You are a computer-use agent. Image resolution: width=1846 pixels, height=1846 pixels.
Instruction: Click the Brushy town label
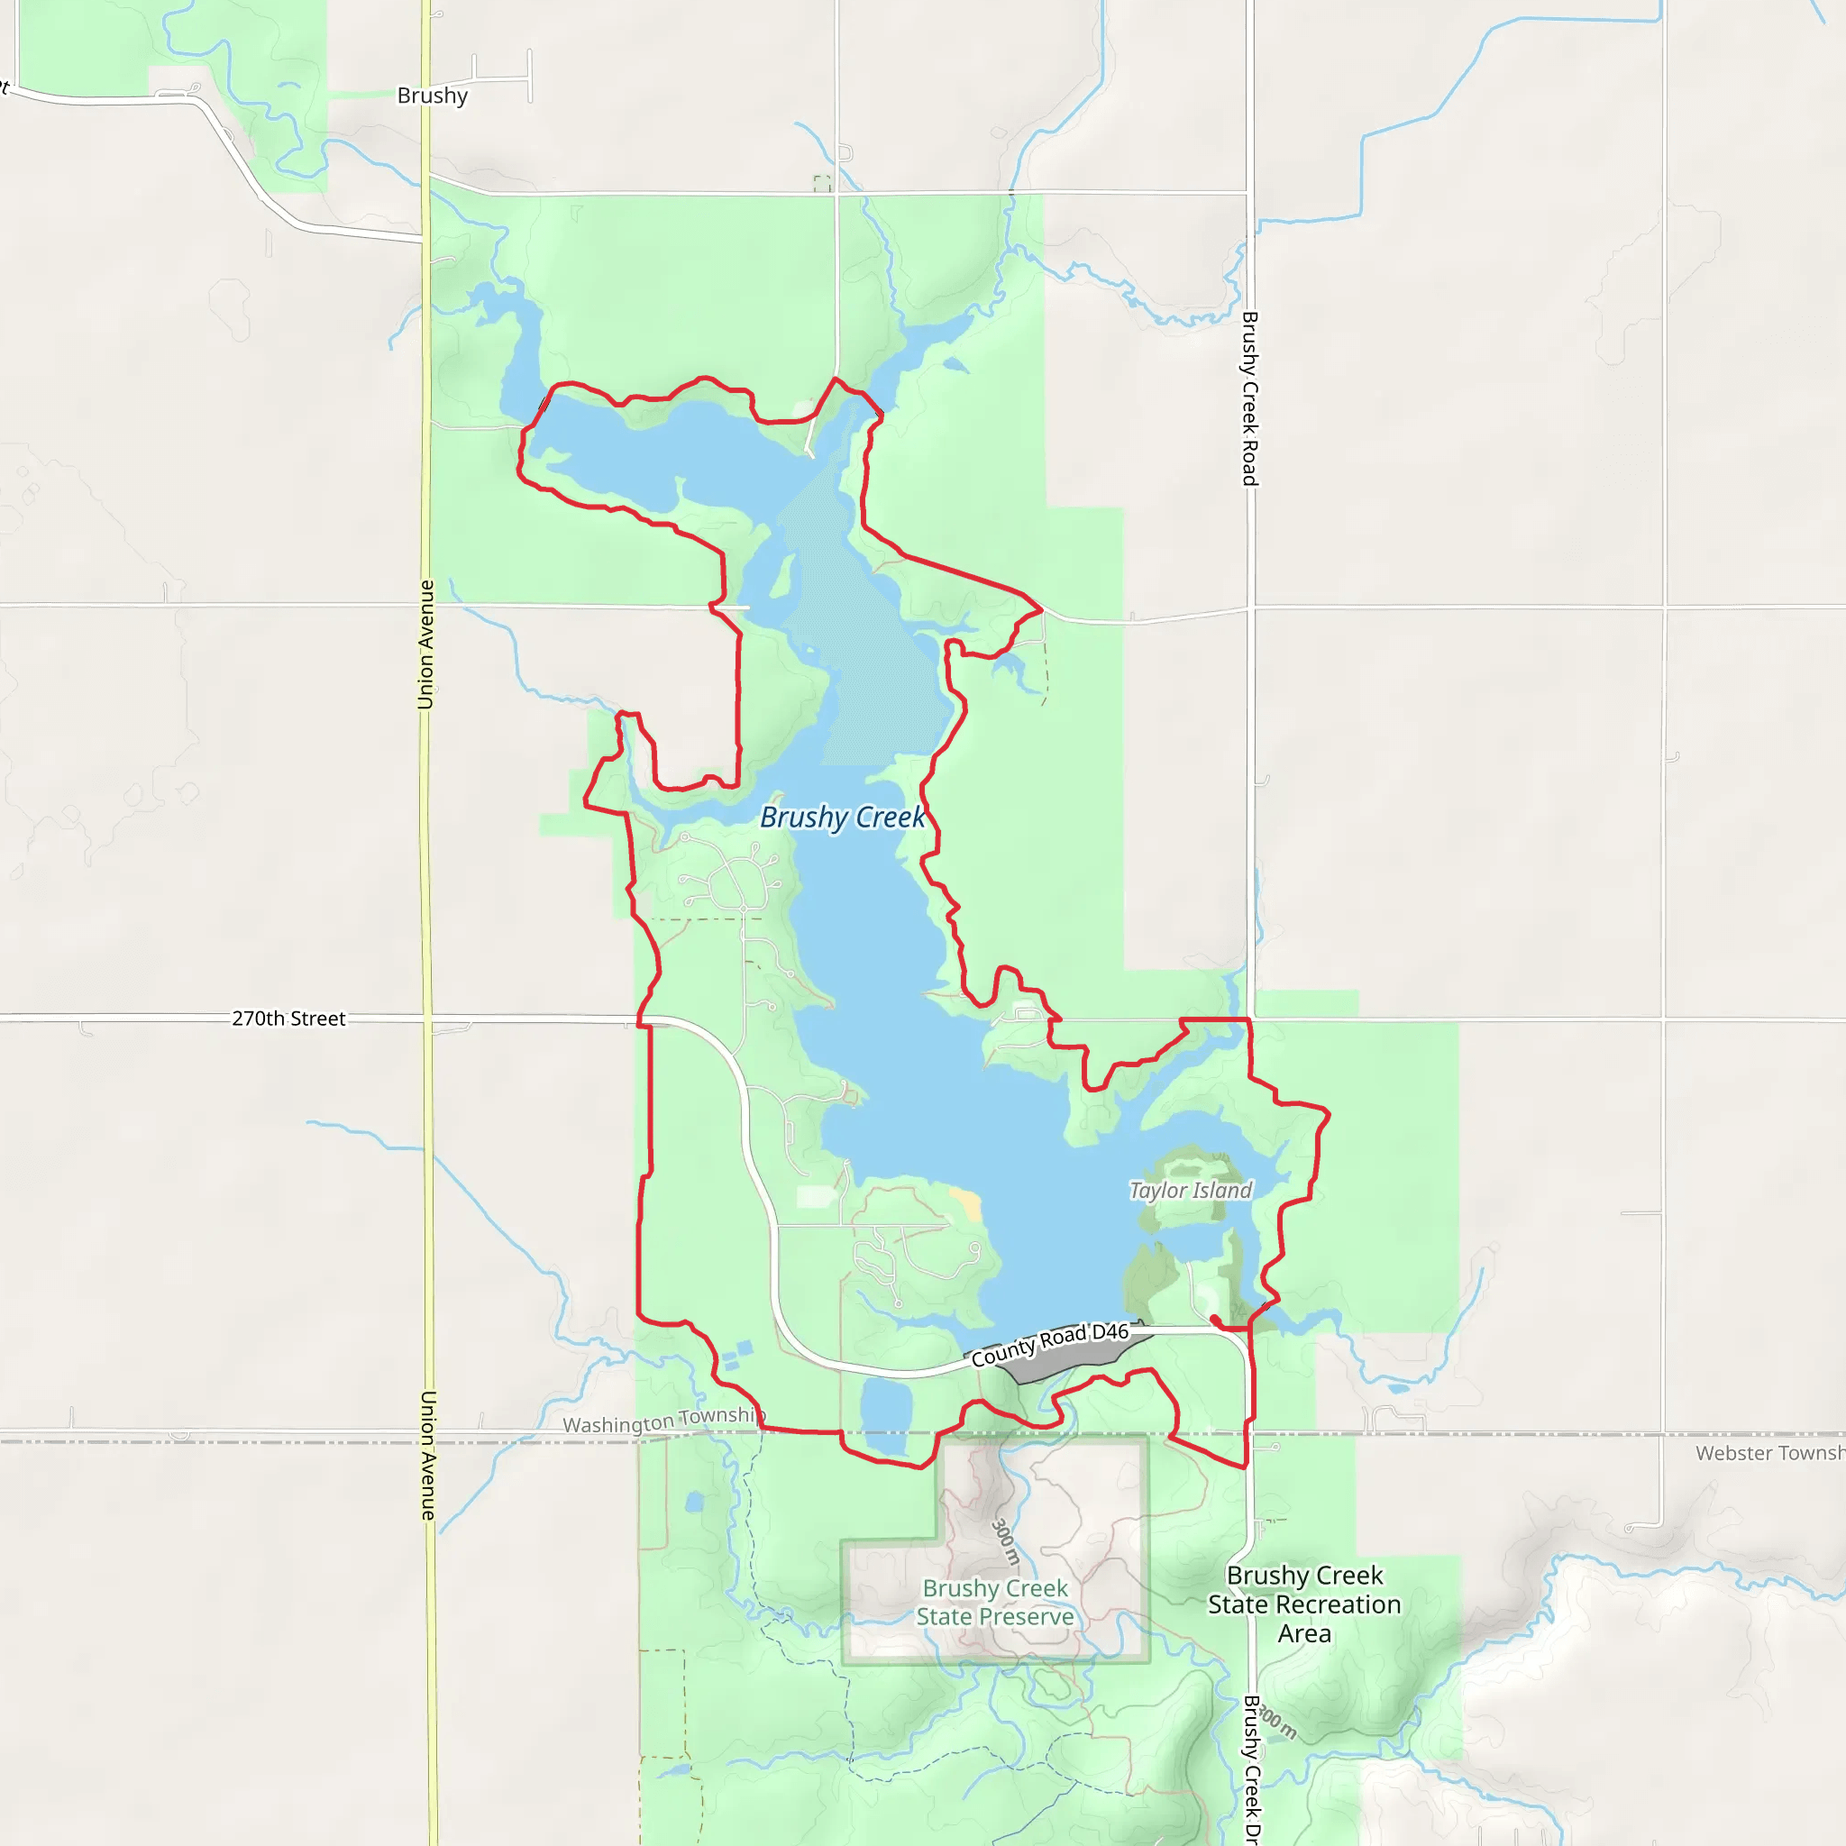[x=432, y=96]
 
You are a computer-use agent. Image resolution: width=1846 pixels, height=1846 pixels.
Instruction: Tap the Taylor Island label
[x=1190, y=1191]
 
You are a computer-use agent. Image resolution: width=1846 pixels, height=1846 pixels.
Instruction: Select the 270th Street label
[x=288, y=1019]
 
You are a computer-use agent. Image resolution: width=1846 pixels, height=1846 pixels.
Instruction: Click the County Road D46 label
[x=1050, y=1344]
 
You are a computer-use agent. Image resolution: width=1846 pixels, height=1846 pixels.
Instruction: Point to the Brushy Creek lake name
[x=842, y=818]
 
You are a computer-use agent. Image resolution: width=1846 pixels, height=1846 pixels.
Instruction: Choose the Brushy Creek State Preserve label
[x=995, y=1603]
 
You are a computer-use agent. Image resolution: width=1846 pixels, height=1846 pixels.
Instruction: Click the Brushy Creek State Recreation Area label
[x=1304, y=1604]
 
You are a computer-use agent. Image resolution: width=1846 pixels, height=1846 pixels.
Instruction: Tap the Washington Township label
[x=663, y=1421]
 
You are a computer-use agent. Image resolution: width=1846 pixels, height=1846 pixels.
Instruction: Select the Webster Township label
[x=1769, y=1453]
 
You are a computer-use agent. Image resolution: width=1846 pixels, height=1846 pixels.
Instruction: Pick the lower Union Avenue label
[x=428, y=1455]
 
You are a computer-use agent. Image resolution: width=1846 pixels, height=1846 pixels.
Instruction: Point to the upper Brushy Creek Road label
[x=1250, y=398]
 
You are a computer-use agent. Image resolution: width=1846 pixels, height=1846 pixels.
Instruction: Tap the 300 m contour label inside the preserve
[x=1005, y=1542]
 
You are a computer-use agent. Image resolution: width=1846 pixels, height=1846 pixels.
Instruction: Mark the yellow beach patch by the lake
[x=967, y=1204]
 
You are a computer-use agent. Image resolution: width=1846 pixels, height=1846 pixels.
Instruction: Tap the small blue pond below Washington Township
[x=695, y=1502]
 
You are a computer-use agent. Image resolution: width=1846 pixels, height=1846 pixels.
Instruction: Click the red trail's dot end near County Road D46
[x=1213, y=1319]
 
